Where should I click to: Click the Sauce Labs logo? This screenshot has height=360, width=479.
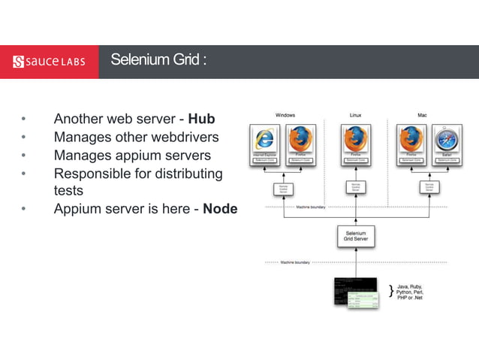[49, 61]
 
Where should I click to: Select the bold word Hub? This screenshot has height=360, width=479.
[201, 119]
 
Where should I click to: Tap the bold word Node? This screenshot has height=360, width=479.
[220, 209]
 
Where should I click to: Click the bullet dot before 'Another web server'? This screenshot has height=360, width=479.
[23, 119]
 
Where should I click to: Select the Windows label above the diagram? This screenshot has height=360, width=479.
[285, 115]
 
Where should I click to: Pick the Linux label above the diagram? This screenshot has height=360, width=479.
[355, 115]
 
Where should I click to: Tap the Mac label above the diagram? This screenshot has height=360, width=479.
[422, 115]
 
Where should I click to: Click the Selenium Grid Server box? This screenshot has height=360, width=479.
[355, 237]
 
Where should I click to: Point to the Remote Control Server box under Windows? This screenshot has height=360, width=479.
[284, 189]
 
